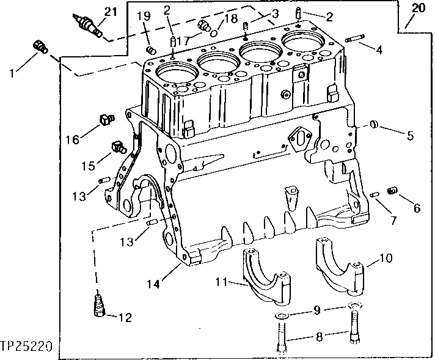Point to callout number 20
coord(417,8)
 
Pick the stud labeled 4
coord(355,40)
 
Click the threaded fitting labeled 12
coord(98,306)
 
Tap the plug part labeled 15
coord(117,145)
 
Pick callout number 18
coord(230,18)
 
